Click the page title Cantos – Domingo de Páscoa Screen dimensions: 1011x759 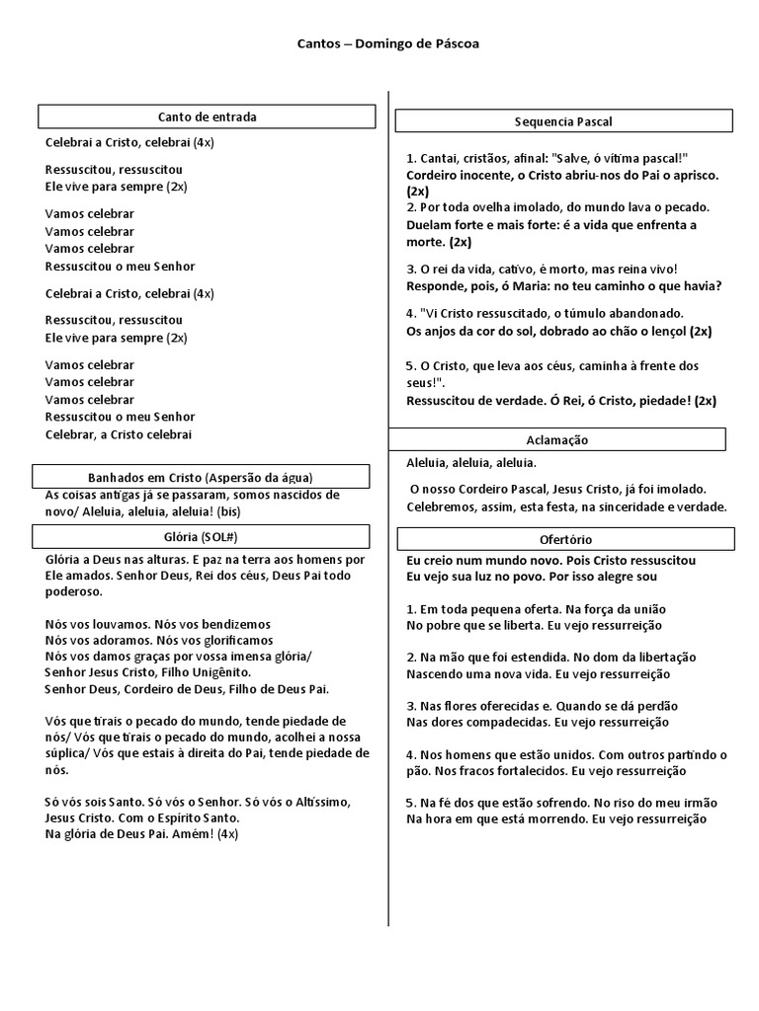pyautogui.click(x=388, y=44)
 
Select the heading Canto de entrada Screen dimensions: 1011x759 pyautogui.click(x=207, y=117)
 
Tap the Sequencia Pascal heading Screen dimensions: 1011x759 pyautogui.click(x=563, y=121)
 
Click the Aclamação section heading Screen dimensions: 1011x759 pyautogui.click(x=558, y=439)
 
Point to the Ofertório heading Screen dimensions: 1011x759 pyautogui.click(x=566, y=539)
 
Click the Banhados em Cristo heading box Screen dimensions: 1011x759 pyautogui.click(x=202, y=477)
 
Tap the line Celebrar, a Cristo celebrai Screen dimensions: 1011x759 pyautogui.click(x=119, y=434)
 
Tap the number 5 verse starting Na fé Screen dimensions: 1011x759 pyautogui.click(x=411, y=803)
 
